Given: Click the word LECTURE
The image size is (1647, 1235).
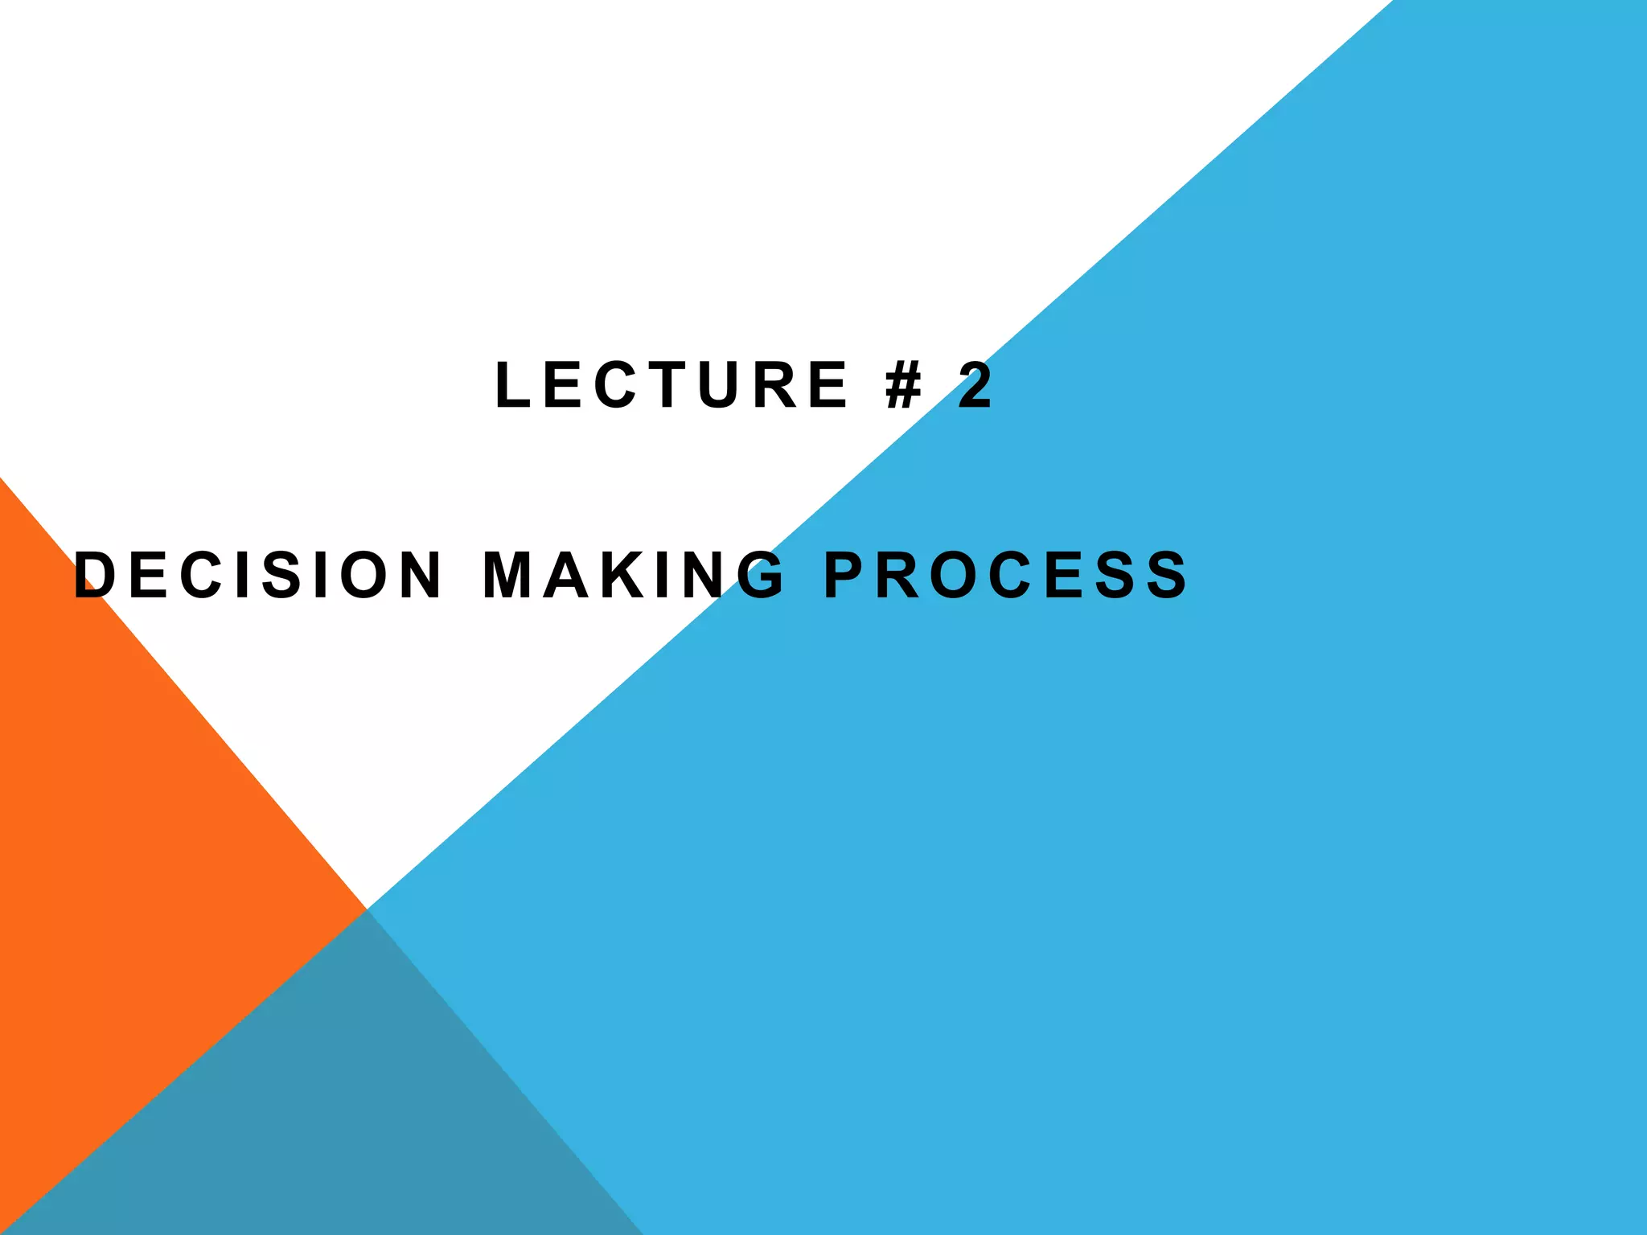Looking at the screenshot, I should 672,385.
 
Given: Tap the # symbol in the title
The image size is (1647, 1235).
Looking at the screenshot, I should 903,385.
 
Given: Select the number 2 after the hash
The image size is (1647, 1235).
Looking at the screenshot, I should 975,385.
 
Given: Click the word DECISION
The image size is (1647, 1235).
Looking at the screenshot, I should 257,575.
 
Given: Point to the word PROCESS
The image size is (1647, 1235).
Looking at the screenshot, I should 1005,575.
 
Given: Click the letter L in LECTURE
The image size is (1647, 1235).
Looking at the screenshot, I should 512,385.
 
